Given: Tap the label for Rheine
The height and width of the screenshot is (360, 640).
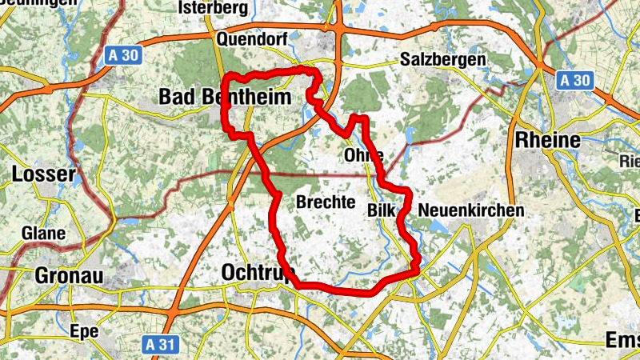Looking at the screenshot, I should (549, 140).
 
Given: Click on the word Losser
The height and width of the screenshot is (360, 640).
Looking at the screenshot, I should (44, 174).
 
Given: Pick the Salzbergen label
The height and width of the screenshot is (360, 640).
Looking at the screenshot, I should (442, 60).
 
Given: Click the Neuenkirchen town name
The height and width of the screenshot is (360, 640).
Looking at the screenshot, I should (470, 210).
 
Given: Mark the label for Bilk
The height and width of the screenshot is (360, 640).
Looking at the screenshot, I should (382, 210).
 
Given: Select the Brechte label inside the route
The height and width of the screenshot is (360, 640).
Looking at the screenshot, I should (325, 202).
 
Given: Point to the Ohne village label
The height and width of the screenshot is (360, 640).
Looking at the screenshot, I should (362, 154).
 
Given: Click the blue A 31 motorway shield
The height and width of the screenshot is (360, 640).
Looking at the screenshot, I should (159, 345).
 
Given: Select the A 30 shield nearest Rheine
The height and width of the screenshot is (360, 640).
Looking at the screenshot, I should (574, 80).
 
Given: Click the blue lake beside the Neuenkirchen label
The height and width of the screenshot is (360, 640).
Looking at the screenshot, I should (436, 227).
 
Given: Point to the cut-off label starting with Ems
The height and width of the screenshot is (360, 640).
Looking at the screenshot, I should (622, 341).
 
